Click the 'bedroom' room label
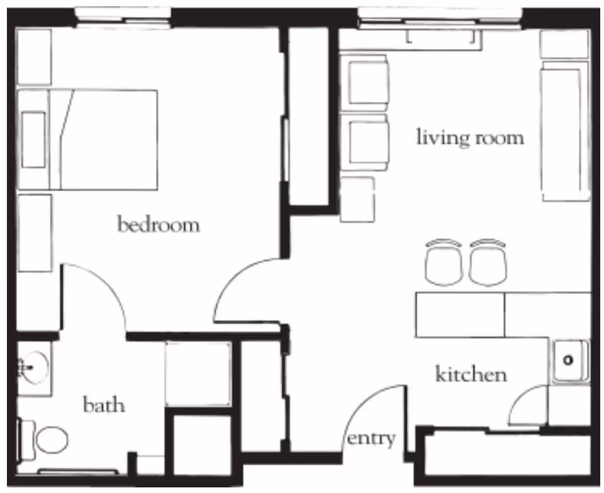159,224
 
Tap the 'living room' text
471,137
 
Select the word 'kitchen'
471,374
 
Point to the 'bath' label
104,405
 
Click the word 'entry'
371,439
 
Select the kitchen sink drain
568,360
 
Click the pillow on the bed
33,140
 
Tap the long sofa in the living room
565,131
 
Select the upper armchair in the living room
364,83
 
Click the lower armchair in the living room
364,142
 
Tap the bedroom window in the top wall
123,18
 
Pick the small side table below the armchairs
357,199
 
